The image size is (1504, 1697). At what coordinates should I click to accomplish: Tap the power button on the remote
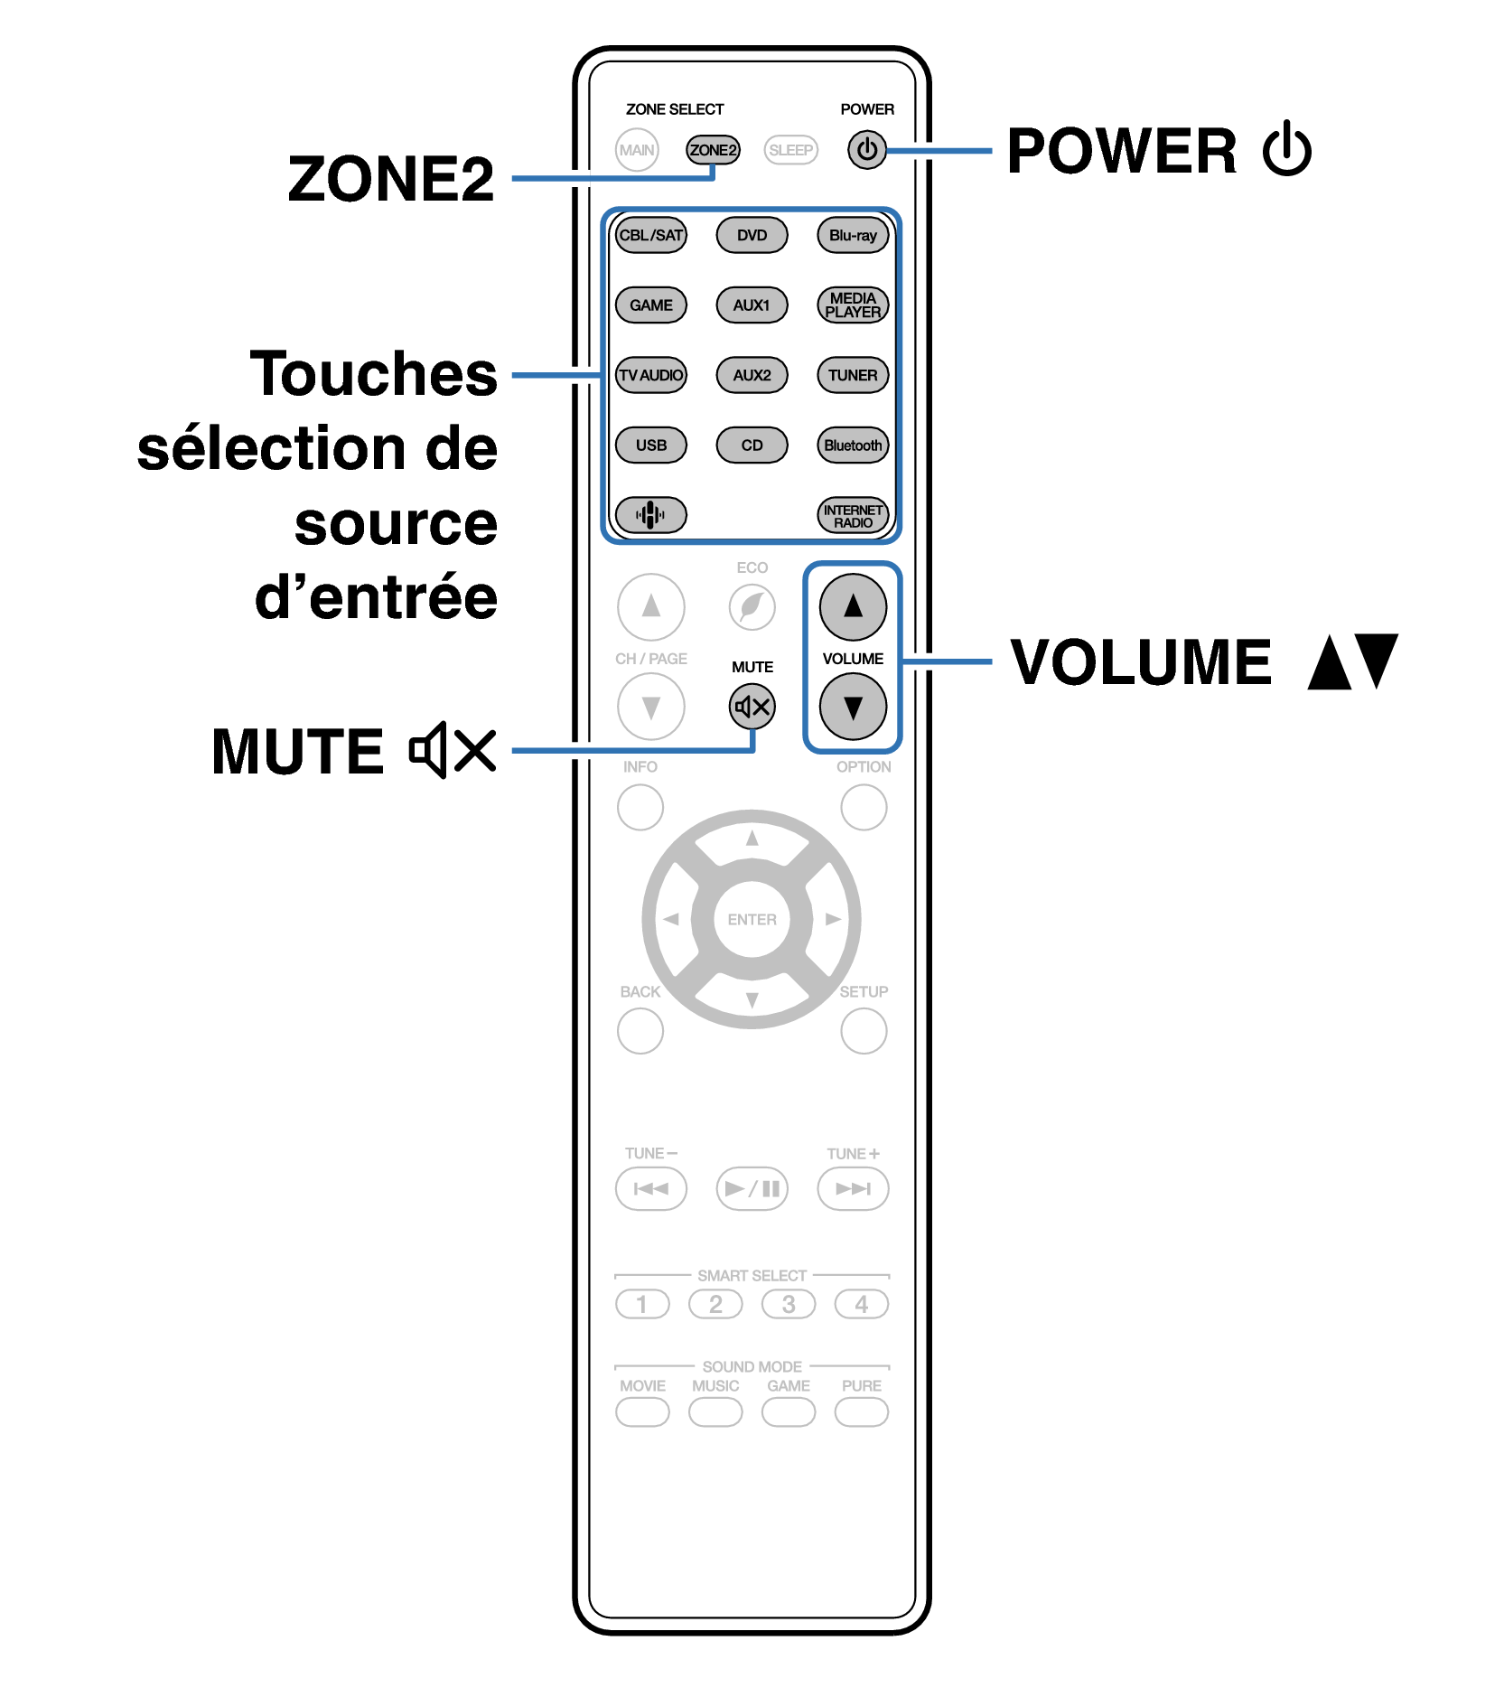point(866,150)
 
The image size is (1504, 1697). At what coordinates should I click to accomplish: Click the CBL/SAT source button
point(650,236)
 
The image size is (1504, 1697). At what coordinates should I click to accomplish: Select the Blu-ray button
point(853,236)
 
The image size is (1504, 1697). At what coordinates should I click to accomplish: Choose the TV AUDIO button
point(650,375)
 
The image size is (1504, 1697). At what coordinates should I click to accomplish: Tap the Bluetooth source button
point(853,445)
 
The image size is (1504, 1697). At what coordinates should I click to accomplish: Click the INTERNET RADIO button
point(853,516)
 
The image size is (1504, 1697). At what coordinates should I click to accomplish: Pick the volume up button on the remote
point(853,607)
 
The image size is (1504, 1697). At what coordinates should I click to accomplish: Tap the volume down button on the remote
point(853,707)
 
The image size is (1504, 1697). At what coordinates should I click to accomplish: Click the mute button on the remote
point(752,707)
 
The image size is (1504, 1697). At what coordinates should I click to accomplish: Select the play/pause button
point(752,1188)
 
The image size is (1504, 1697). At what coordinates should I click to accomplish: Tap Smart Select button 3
point(789,1304)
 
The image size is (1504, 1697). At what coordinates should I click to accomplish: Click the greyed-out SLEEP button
point(790,150)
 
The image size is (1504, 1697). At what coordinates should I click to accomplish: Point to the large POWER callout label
point(1122,151)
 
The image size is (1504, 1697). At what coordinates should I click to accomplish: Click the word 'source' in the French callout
point(396,524)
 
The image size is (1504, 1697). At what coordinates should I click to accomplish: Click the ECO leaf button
point(752,607)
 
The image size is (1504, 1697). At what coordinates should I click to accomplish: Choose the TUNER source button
point(853,375)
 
